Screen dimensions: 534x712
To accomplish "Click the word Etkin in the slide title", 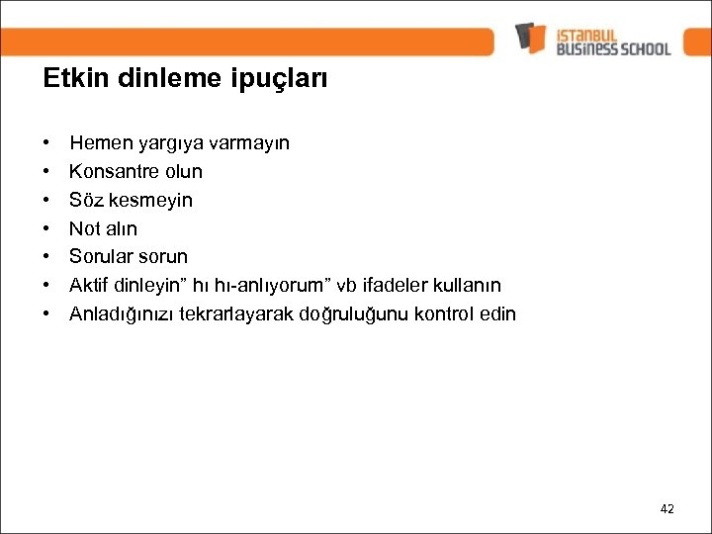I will (x=70, y=78).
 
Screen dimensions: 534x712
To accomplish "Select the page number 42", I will (x=667, y=508).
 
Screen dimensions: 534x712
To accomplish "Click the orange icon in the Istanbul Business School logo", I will (x=530, y=37).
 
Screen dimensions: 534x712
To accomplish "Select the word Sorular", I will (x=100, y=257).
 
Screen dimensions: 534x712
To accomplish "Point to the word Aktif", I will (x=88, y=286).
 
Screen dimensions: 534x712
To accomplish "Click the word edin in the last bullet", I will (x=497, y=314).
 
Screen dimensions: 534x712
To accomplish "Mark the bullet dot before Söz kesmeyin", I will (x=46, y=201).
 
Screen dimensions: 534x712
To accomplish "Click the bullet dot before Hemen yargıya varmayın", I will (x=46, y=143).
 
